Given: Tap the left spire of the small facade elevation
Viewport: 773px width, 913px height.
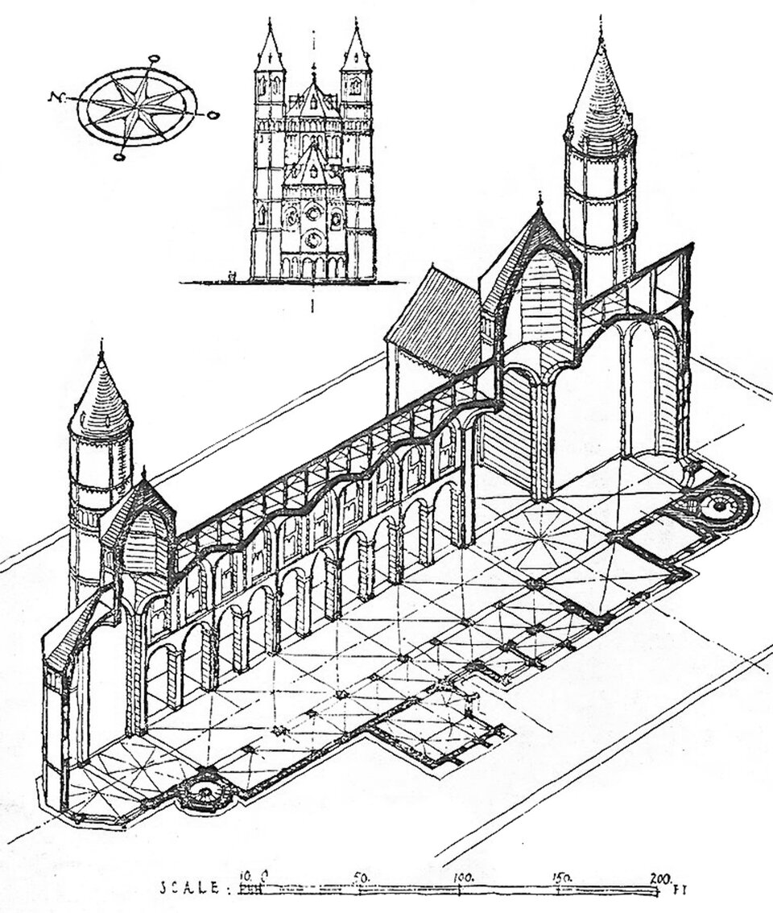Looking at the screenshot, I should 270,48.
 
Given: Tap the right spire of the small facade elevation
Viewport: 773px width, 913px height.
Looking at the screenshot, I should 355,48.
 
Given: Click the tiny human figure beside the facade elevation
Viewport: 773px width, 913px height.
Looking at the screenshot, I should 231,276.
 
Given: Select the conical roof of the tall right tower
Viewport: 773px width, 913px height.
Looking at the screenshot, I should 600,101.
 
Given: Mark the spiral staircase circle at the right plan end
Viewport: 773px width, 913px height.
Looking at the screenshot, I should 716,505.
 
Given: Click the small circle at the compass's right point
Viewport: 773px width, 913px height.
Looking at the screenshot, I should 213,116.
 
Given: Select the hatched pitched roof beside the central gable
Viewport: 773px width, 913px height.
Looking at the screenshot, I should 435,322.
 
